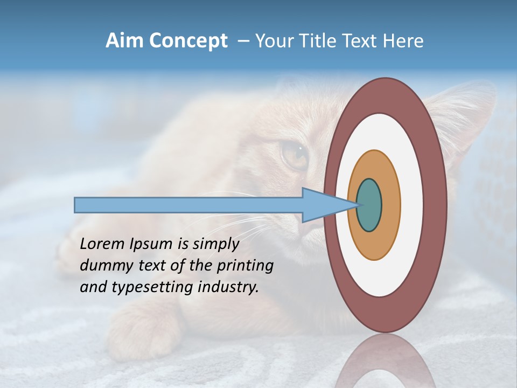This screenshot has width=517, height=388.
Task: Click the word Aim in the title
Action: (x=124, y=41)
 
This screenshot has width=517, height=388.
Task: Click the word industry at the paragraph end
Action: (x=228, y=287)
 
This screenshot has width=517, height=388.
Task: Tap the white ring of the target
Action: (x=411, y=205)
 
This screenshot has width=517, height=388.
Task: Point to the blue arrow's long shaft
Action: (x=188, y=205)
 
